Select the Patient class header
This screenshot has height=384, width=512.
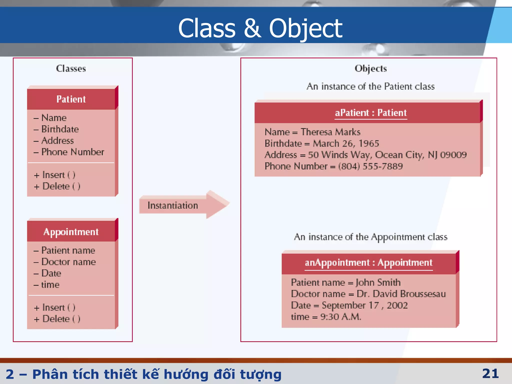[x=71, y=99]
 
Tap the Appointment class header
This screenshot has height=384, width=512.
[x=71, y=232]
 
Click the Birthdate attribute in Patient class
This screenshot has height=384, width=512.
[x=60, y=129]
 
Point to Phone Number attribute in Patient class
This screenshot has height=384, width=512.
[x=72, y=152]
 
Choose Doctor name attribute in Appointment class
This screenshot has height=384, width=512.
[x=68, y=262]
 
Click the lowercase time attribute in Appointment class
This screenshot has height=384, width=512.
[x=50, y=285]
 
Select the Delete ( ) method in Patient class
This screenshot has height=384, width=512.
[x=61, y=186]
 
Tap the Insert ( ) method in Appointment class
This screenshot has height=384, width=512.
[x=58, y=307]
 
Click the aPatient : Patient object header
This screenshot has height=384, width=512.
[x=370, y=113]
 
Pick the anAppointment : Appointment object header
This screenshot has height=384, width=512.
[x=368, y=263]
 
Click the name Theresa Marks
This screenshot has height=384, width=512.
[x=330, y=132]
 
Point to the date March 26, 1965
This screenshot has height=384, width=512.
[x=346, y=143]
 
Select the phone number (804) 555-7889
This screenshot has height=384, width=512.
[x=370, y=166]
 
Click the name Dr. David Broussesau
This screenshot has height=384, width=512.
[x=401, y=294]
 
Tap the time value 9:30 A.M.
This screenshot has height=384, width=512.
[x=341, y=317]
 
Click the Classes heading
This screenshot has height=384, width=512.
[x=71, y=68]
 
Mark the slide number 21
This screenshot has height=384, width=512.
[x=490, y=373]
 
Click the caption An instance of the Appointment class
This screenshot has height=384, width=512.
[x=370, y=237]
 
